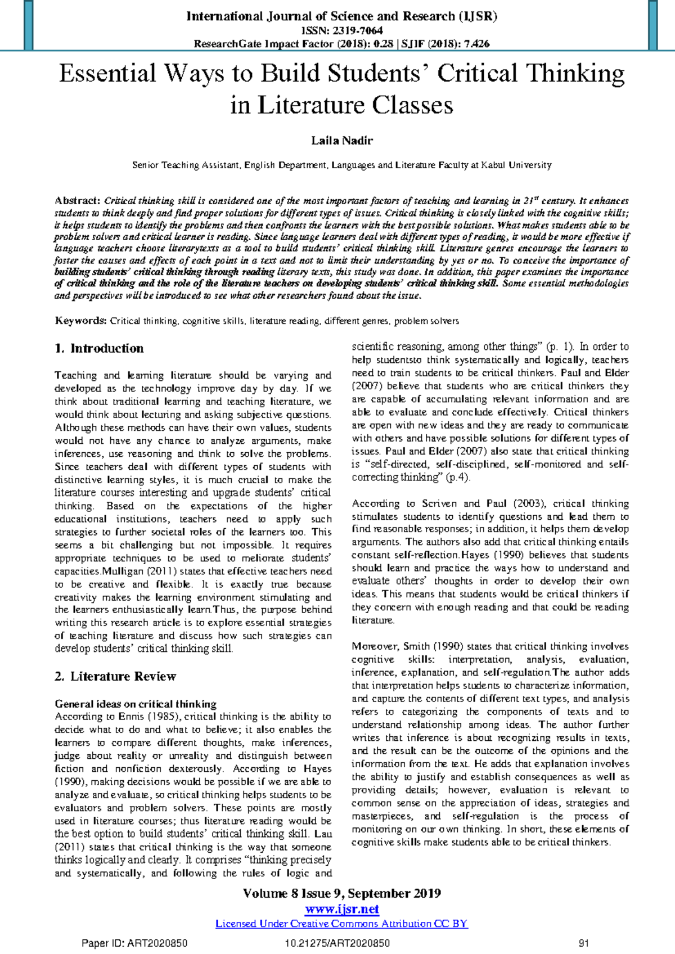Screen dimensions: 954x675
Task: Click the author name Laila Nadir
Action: (x=341, y=141)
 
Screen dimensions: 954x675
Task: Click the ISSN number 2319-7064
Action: (x=357, y=30)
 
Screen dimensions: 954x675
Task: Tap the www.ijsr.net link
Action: (x=341, y=910)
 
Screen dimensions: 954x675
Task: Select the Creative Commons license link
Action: (x=341, y=924)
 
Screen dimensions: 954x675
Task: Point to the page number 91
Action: (x=583, y=943)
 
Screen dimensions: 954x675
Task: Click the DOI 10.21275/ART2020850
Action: (x=337, y=943)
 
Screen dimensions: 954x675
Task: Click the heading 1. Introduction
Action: (x=99, y=348)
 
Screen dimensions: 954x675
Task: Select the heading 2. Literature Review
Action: (x=115, y=676)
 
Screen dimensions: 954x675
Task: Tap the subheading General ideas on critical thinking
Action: (x=135, y=704)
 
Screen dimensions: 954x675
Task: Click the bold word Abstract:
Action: (x=77, y=201)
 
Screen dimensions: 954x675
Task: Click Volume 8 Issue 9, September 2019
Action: (x=341, y=894)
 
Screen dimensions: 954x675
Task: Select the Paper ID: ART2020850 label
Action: (x=134, y=943)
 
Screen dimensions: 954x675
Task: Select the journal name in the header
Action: (x=341, y=16)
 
